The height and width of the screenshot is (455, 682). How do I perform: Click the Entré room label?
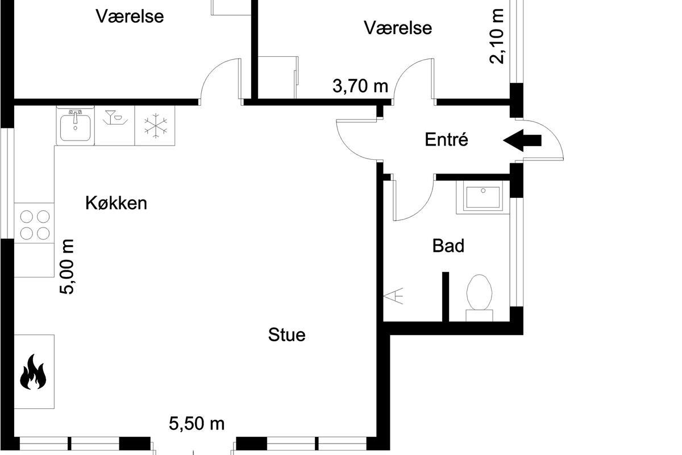tap(446, 139)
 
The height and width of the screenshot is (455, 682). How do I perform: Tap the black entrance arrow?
tap(522, 140)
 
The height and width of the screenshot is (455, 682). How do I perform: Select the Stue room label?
tap(287, 334)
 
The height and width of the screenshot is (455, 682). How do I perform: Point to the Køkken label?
tap(117, 203)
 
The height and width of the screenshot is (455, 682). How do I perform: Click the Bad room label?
tap(448, 246)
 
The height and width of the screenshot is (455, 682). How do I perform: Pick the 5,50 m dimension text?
tap(197, 424)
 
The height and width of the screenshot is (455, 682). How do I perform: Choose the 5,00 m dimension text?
tap(66, 267)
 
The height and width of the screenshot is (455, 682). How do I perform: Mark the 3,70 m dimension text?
tap(360, 86)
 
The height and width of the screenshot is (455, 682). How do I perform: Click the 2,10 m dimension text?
tap(496, 36)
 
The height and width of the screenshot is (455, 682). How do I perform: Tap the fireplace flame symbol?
tap(33, 372)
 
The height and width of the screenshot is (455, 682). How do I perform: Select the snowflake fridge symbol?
tap(156, 126)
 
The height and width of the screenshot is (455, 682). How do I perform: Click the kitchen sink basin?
tap(75, 127)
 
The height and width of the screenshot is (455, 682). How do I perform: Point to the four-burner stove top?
tap(35, 225)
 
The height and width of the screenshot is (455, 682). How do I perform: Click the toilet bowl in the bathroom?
tap(479, 292)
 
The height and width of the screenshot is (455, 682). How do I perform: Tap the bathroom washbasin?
tap(483, 197)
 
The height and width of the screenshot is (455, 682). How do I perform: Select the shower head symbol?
tap(393, 296)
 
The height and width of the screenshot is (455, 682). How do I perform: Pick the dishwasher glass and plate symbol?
tap(115, 118)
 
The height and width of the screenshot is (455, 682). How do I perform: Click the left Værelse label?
tap(130, 16)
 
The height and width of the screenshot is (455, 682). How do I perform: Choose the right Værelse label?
tap(398, 28)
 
